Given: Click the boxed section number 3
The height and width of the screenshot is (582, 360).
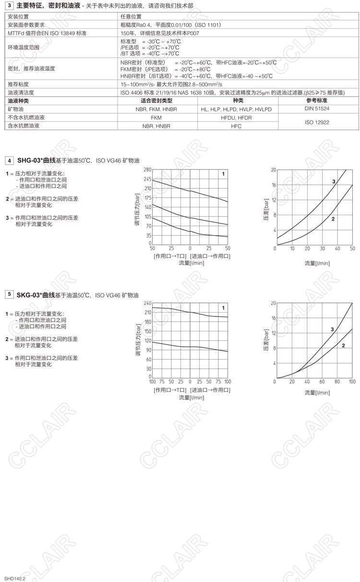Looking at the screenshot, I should coord(9,5).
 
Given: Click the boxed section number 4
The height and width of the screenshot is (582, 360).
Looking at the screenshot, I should coord(9,160).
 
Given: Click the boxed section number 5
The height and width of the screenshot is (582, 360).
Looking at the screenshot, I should coord(9,294).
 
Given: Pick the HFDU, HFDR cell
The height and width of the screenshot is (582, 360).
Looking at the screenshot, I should coord(236,118).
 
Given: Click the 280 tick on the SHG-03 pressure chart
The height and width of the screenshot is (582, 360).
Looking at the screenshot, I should coord(147,170).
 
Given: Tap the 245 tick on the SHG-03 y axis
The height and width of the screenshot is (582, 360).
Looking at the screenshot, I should coord(147,179).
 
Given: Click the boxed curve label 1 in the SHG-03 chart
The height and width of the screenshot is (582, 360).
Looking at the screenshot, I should coord(223,174).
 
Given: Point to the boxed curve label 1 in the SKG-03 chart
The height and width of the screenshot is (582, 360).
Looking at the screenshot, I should coord(223,308).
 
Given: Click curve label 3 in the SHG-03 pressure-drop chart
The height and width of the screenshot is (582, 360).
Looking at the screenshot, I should coord(334,181).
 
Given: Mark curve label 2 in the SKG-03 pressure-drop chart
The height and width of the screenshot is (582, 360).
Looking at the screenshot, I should coord(343,345).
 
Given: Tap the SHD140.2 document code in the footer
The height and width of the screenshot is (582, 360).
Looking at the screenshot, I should coord(15,579).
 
